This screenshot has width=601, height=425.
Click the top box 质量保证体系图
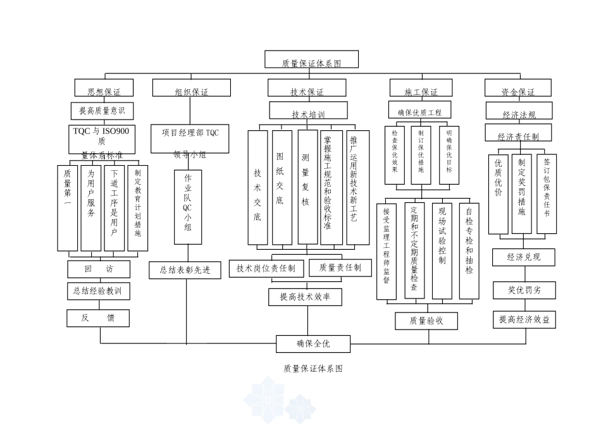click(x=311, y=59)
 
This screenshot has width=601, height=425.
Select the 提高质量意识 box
click(x=101, y=111)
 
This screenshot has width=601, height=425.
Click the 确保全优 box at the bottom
click(x=313, y=343)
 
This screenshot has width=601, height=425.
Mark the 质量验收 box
click(x=425, y=321)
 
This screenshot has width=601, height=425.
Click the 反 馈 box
click(x=98, y=318)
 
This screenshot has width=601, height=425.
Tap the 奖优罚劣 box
click(x=524, y=290)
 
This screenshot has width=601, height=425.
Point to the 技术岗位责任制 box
click(x=266, y=268)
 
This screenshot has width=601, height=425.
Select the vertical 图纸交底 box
click(x=281, y=187)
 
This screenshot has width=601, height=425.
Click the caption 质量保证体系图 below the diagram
click(x=313, y=368)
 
